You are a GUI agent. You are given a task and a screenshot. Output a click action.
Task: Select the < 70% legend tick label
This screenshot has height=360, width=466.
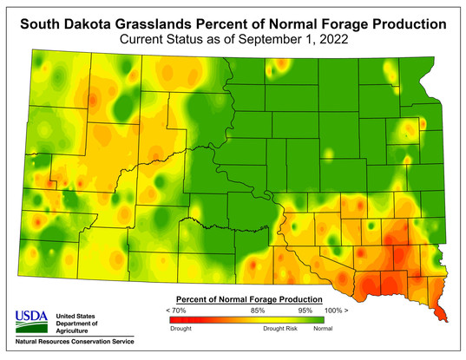[178, 310]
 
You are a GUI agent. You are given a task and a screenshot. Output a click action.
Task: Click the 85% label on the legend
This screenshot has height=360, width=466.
[257, 310]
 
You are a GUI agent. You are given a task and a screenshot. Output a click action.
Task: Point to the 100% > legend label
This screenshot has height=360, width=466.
[334, 310]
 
